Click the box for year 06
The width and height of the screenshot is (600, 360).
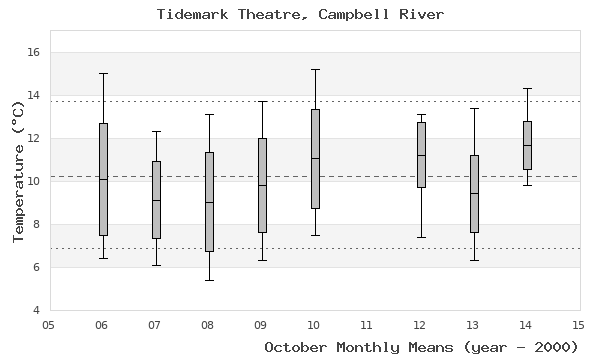point(103,179)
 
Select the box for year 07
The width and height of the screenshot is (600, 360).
point(156,200)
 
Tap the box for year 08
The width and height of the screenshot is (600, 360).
point(209,201)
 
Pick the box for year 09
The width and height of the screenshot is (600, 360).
point(262,185)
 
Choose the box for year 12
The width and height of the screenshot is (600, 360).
point(421,155)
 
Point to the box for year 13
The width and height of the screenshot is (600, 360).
point(474,194)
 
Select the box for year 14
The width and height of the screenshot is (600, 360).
point(527,145)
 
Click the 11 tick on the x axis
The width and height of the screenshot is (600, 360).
point(367,324)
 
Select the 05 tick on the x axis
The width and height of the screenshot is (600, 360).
point(49,324)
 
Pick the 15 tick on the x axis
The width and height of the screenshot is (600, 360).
point(578,324)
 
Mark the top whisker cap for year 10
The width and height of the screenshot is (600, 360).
point(315,69)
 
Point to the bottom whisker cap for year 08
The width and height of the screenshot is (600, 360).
point(209,280)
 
